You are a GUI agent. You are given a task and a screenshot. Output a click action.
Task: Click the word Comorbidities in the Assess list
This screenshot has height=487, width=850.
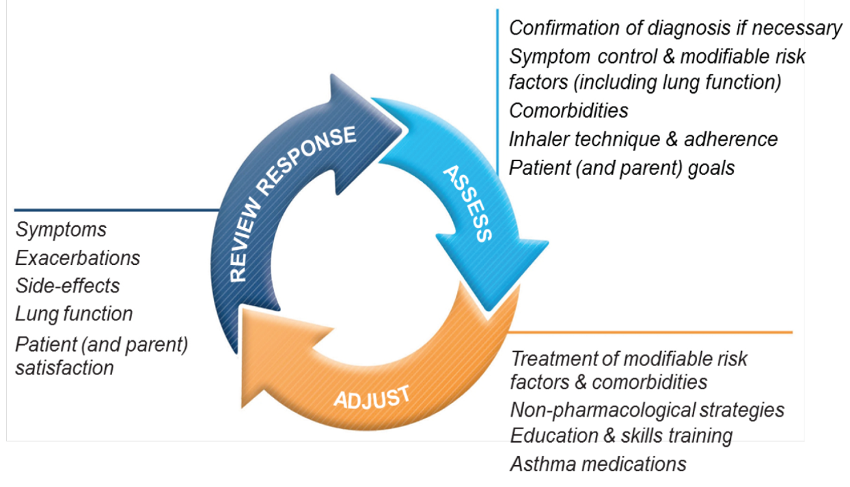pos(568,110)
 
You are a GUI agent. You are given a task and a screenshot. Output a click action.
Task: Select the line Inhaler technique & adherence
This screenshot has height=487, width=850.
pos(643,139)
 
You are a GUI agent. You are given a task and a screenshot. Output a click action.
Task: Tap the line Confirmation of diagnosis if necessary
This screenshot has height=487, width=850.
pos(676,28)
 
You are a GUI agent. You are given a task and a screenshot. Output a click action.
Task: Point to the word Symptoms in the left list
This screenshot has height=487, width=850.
pos(61,229)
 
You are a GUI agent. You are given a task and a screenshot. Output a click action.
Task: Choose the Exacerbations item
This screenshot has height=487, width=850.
pos(77,258)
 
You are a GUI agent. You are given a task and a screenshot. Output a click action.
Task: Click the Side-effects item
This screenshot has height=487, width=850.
pos(67,286)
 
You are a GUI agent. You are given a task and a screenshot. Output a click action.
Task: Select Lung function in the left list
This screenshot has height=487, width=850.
pos(74,314)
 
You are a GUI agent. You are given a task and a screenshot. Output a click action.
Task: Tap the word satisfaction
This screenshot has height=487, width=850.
pos(64,367)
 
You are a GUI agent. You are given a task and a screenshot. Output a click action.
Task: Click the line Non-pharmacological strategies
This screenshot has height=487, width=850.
pos(647,410)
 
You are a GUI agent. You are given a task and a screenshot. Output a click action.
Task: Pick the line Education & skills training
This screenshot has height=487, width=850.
pos(621,436)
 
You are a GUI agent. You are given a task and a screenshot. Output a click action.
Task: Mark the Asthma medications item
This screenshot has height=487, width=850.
pos(598,464)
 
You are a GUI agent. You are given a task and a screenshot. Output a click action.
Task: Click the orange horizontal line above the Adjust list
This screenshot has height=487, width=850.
pos(649,333)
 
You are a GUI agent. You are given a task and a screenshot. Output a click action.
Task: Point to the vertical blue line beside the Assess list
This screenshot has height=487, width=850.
pos(497,82)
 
